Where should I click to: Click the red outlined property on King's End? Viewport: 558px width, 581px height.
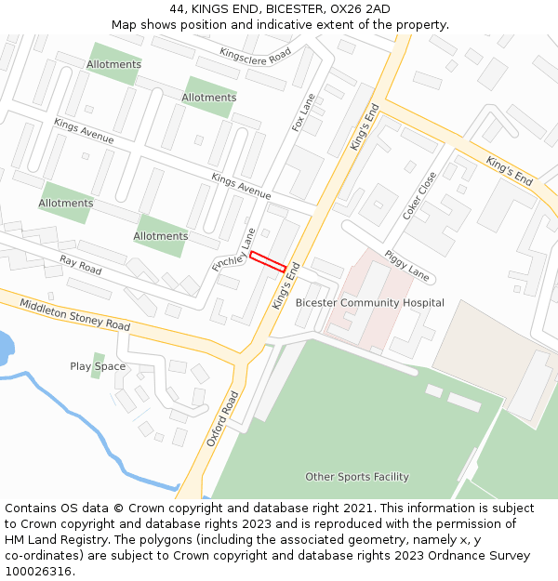[268, 261]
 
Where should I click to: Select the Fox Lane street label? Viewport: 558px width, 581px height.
[304, 112]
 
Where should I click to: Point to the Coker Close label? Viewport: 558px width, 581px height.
[419, 195]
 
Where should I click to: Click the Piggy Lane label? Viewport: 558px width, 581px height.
[407, 264]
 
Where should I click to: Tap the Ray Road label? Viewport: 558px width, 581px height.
[80, 265]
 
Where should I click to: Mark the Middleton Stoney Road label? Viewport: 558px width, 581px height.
[75, 314]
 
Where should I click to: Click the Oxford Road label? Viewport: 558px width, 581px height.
[223, 418]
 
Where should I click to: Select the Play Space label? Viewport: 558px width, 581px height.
[98, 366]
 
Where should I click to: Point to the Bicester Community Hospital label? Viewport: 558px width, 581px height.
[369, 303]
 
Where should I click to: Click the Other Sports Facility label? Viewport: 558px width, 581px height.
[357, 477]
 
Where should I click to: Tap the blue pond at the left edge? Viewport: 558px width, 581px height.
[5, 348]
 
